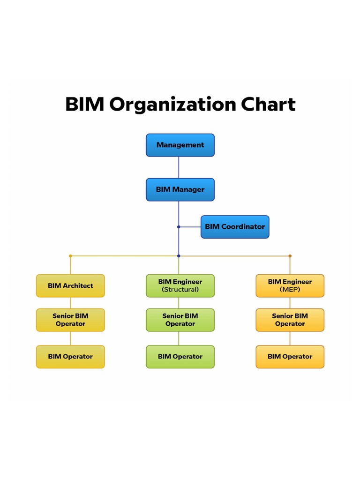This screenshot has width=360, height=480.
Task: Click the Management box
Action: (x=180, y=145)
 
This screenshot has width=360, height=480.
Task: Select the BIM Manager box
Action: (x=180, y=190)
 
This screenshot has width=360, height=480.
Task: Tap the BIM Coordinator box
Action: (x=235, y=227)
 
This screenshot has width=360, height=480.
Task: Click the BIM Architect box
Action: (x=70, y=286)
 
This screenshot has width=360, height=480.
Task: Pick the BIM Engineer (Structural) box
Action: (x=180, y=286)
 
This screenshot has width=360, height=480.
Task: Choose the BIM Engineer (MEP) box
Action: (x=290, y=286)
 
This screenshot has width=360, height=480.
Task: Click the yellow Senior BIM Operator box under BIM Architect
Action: (x=70, y=320)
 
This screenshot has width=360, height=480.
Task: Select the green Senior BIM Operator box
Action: (x=180, y=320)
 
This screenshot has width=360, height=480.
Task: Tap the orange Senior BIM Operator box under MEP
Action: (x=290, y=320)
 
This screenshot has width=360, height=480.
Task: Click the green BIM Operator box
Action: (x=180, y=357)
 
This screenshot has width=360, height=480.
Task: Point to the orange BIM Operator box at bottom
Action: (x=290, y=357)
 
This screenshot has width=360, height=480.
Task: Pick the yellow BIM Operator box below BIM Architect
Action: (x=70, y=357)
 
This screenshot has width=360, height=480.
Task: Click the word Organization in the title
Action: (x=173, y=105)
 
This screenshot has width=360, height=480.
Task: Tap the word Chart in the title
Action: (x=269, y=104)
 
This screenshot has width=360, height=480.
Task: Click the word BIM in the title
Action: (x=85, y=104)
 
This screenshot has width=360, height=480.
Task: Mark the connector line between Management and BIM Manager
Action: (x=179, y=167)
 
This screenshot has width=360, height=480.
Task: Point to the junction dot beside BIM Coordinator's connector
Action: (x=179, y=227)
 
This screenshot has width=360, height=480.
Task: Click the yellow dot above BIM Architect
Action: (x=70, y=256)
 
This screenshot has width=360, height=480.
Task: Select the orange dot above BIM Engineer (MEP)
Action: (x=290, y=256)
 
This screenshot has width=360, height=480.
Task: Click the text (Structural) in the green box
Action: (x=180, y=290)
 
